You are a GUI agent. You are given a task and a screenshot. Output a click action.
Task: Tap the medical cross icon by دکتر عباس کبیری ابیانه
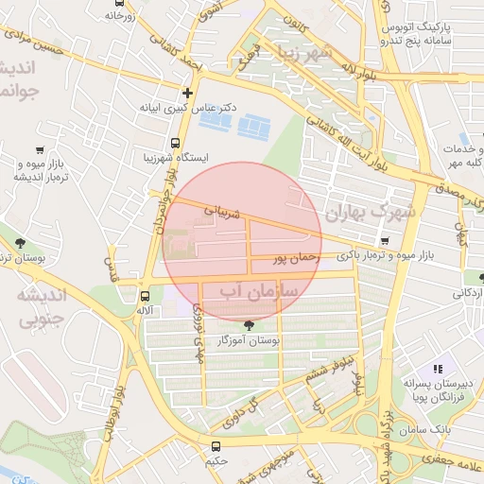pos(188,93)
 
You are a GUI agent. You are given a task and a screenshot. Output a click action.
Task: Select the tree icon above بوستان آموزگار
pos(249,324)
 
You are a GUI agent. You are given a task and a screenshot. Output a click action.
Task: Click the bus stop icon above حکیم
pos(216,446)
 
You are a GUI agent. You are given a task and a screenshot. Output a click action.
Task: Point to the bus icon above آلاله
pos(144,295)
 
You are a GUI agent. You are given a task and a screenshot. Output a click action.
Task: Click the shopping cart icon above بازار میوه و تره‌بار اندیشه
pos(39,149)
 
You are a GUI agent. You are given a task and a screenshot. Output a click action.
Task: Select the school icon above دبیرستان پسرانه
pos(437,369)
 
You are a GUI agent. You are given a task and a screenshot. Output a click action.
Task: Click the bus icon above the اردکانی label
pos(466,278)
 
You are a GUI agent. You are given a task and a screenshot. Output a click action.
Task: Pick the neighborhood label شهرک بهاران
pos(370,213)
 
